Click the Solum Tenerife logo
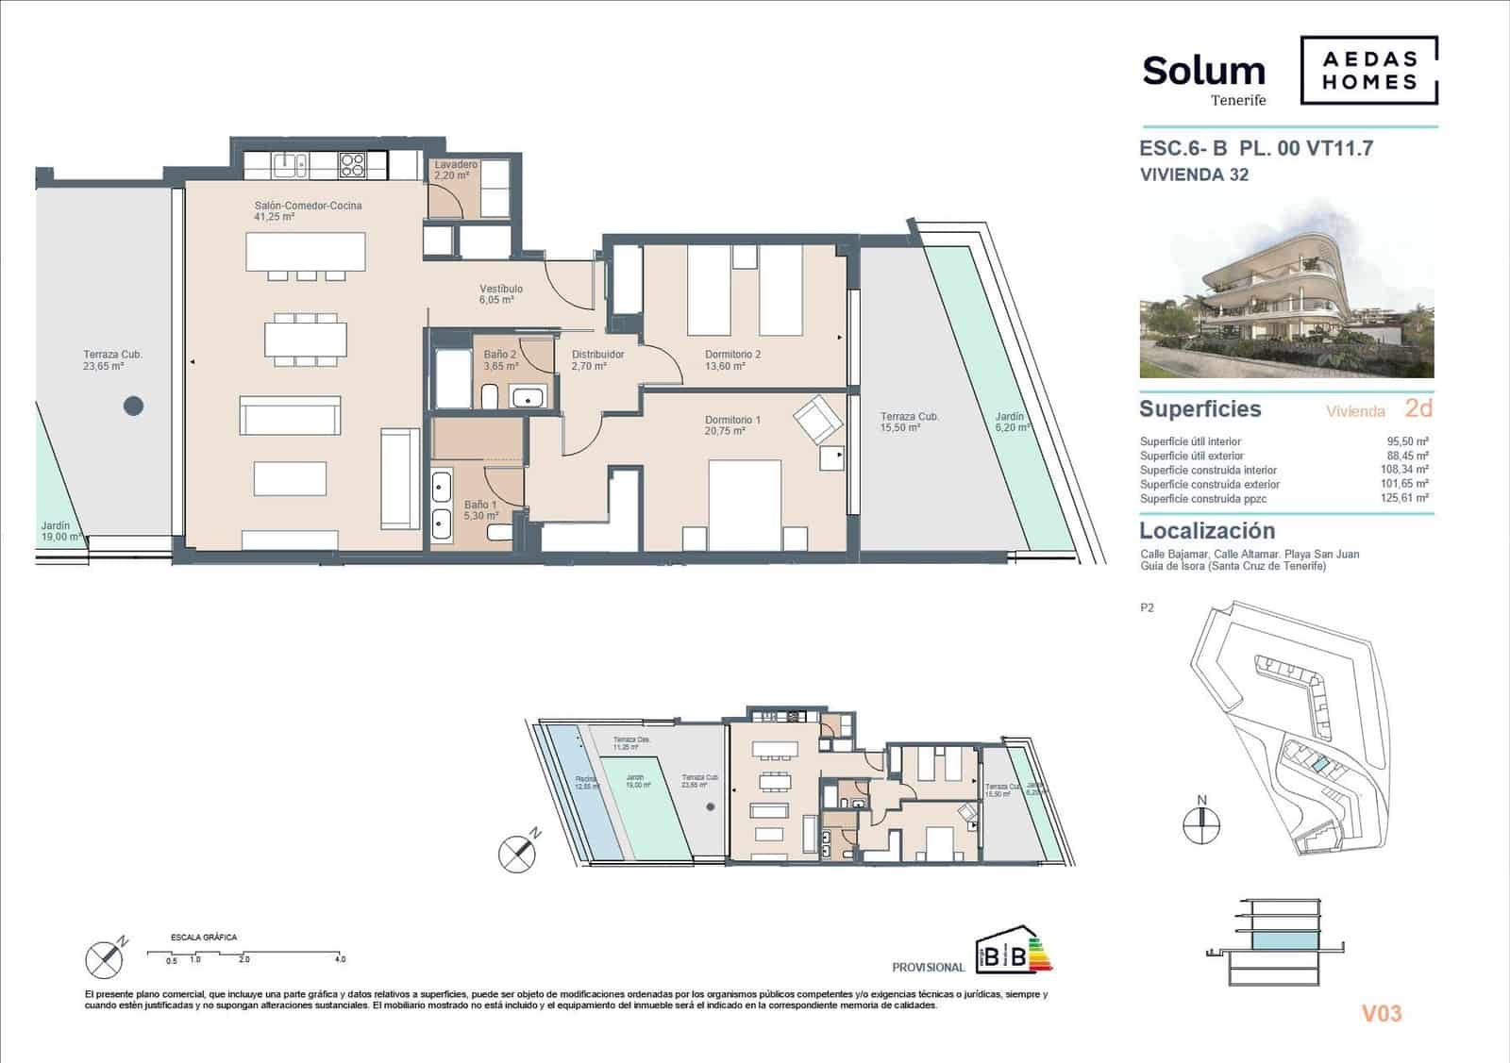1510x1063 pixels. [1203, 77]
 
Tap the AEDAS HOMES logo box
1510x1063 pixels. [1369, 70]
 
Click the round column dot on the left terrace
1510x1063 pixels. [134, 407]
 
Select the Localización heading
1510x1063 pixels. [1207, 530]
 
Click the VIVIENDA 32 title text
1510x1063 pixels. [1194, 174]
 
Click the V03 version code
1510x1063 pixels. [1381, 1014]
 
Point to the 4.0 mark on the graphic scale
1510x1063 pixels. [340, 959]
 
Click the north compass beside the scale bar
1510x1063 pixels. [105, 958]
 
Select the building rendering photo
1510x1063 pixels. [1286, 291]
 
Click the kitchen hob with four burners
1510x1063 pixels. [353, 165]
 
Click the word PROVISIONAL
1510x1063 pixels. [928, 967]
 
